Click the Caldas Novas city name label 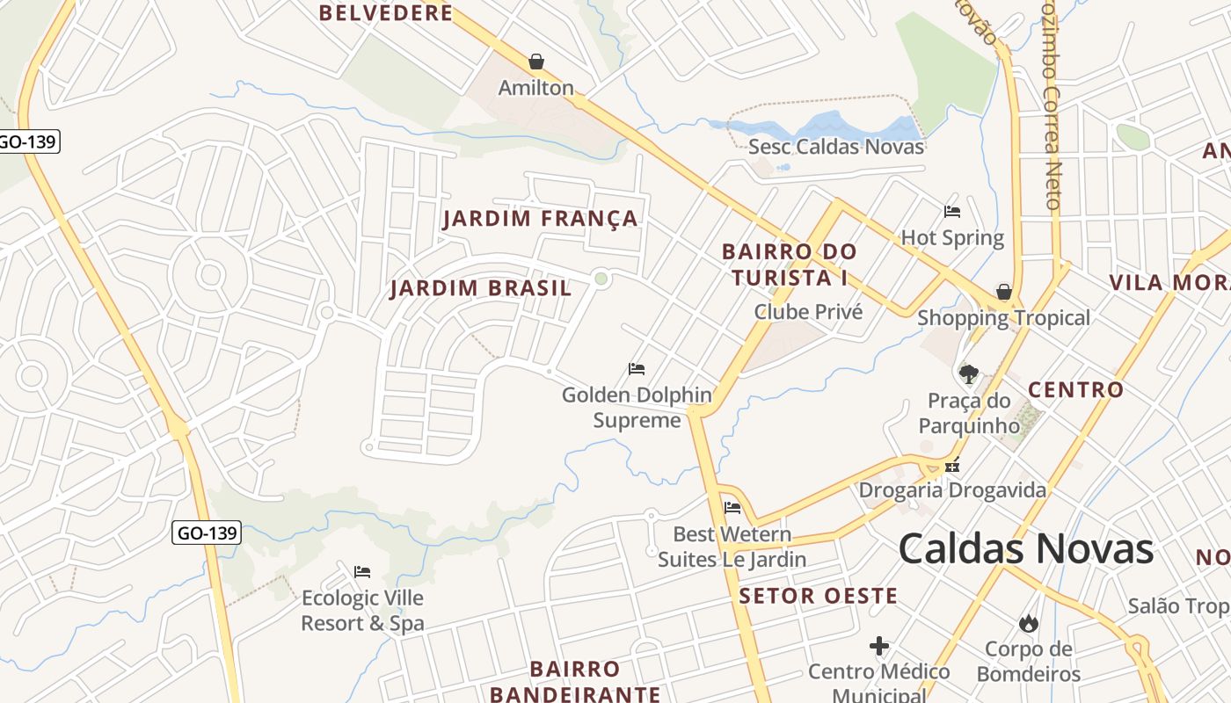[1025, 549]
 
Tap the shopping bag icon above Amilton [536, 62]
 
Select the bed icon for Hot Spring [951, 212]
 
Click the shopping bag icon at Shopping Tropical [1003, 292]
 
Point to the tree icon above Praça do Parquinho [969, 374]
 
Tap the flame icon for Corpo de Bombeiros [1028, 623]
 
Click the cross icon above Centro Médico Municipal [878, 646]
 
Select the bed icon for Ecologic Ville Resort [362, 572]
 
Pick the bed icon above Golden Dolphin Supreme [637, 368]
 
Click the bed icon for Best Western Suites [732, 507]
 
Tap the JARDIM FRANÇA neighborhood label [540, 219]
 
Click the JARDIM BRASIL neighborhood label [480, 288]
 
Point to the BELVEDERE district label [386, 13]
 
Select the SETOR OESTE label [818, 596]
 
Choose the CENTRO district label [1075, 389]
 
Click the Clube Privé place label [808, 312]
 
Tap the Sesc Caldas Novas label [835, 147]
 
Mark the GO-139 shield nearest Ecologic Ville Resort [207, 533]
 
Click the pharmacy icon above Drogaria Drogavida [951, 467]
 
